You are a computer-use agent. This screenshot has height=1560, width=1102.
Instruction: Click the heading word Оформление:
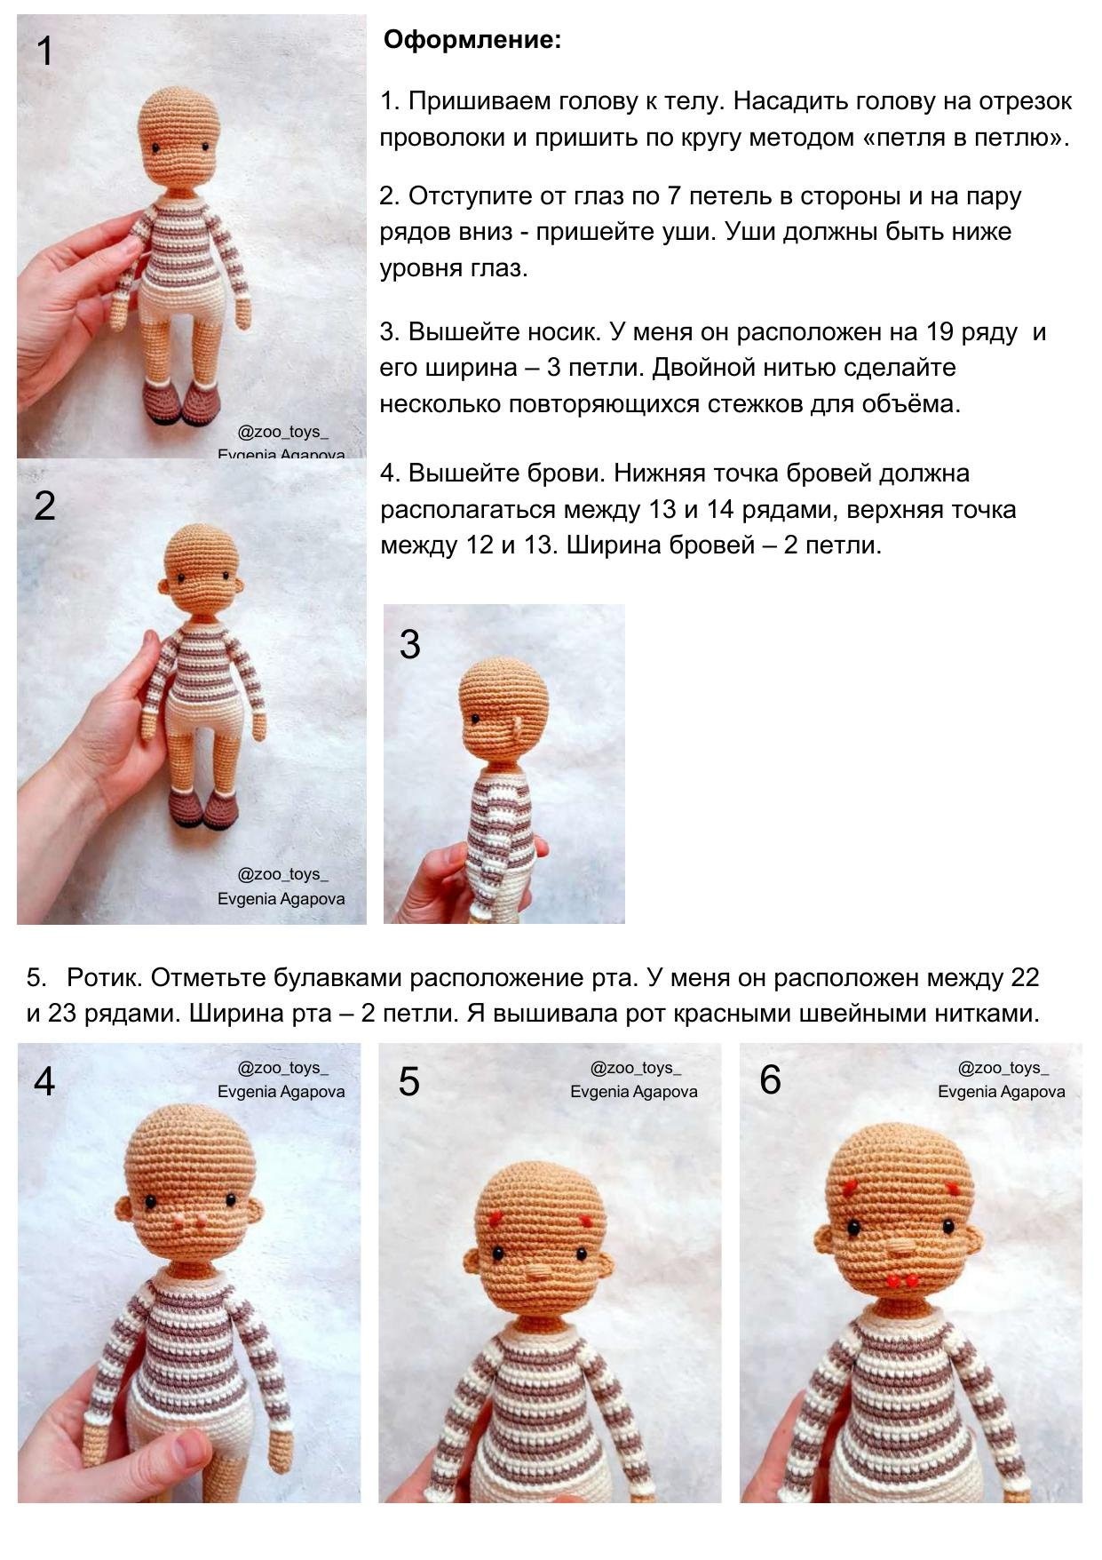pyautogui.click(x=472, y=40)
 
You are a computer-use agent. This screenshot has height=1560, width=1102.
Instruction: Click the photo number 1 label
pyautogui.click(x=45, y=52)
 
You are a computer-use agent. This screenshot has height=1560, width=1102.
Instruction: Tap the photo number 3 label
pyautogui.click(x=409, y=644)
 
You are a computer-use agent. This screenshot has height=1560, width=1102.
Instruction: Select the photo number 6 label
pyautogui.click(x=770, y=1080)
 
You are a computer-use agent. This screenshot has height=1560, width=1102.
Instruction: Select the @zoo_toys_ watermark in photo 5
pyautogui.click(x=635, y=1068)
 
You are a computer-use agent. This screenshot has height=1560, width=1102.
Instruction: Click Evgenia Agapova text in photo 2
pyautogui.click(x=281, y=898)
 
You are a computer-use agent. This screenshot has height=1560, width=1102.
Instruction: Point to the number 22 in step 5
pyautogui.click(x=1024, y=978)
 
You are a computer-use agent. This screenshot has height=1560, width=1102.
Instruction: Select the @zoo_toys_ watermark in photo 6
pyautogui.click(x=1003, y=1068)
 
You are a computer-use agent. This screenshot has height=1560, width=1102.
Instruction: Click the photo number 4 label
pyautogui.click(x=44, y=1081)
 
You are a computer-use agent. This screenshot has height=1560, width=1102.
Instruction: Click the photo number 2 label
pyautogui.click(x=44, y=506)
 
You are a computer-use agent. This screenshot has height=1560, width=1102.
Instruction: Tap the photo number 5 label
pyautogui.click(x=408, y=1081)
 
